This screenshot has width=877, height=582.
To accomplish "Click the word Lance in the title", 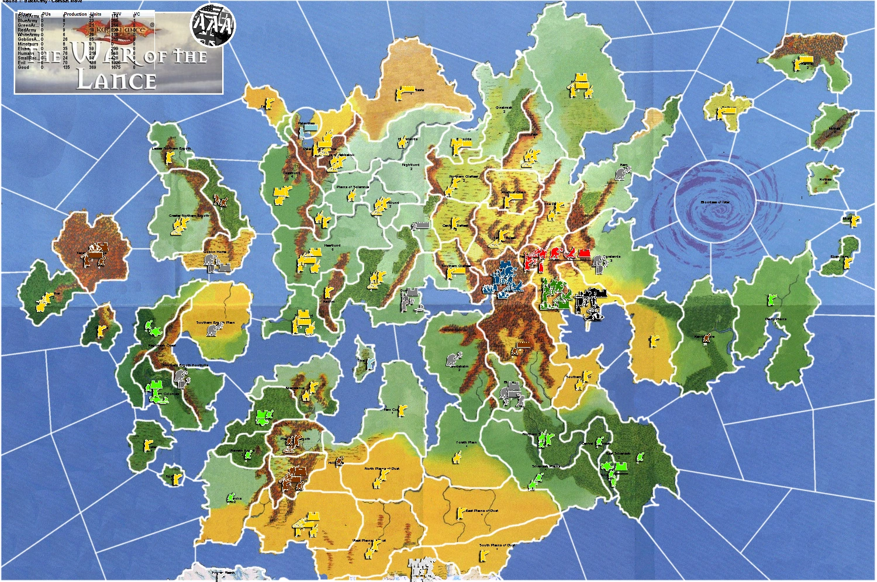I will (x=116, y=79).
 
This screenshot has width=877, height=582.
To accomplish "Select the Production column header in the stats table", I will (x=75, y=14).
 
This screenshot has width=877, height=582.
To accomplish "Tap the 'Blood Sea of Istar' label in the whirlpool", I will (x=715, y=202).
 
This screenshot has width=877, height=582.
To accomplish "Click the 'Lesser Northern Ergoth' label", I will (x=171, y=148).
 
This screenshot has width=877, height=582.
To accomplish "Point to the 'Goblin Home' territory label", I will (x=215, y=252).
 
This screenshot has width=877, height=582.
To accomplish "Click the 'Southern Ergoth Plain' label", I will (x=215, y=322).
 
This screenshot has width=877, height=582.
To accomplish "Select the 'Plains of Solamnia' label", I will (x=353, y=187).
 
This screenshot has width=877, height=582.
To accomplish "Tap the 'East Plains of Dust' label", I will (x=482, y=510).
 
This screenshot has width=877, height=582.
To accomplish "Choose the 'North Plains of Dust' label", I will (x=382, y=469).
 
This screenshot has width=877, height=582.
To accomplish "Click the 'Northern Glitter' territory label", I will (x=464, y=176).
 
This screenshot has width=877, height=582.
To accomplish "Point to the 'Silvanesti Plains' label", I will (x=545, y=466).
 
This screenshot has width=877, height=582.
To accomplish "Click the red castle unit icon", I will (x=583, y=253).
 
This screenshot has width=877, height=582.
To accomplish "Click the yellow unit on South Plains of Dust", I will (x=484, y=555).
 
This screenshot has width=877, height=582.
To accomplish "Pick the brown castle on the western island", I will (x=92, y=254).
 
